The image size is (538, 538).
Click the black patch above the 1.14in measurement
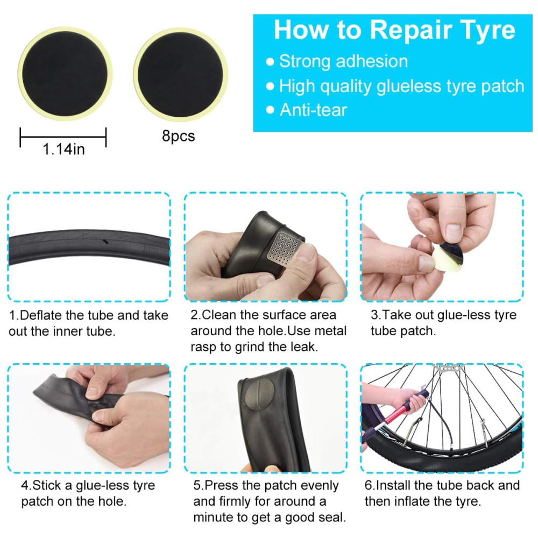point(65,74)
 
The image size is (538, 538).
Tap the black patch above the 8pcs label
point(180,75)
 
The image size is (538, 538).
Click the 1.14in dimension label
point(63,149)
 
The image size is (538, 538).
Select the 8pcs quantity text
point(179,136)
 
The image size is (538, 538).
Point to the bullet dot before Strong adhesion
point(270,62)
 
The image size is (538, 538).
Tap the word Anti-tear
point(313,110)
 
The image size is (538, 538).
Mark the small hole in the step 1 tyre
point(105,242)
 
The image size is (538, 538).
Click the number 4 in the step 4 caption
point(25,486)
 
